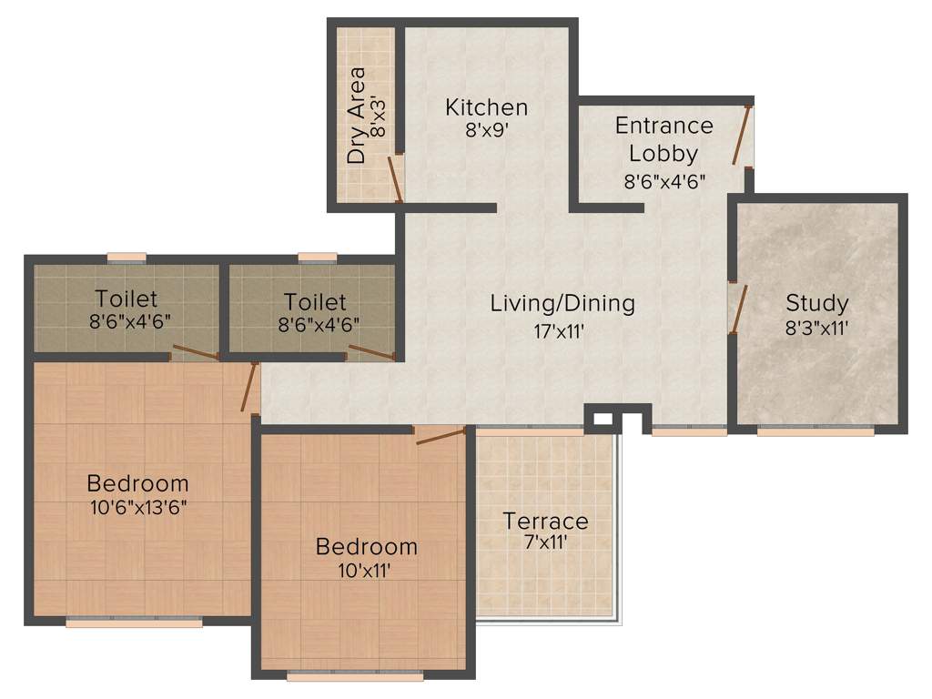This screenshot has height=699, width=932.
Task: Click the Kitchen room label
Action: (486, 107)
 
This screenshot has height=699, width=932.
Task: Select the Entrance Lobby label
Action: (664, 138)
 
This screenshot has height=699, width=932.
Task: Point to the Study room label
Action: (816, 303)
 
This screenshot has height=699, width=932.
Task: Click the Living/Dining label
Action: (562, 303)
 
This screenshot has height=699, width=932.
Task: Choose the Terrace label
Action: (545, 522)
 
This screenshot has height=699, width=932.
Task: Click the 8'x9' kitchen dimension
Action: (486, 130)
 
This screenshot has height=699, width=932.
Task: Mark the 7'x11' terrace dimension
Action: (545, 543)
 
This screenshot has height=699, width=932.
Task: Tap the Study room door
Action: (739, 309)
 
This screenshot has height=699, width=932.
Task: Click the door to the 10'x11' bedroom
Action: (441, 435)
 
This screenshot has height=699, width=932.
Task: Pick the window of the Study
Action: (815, 431)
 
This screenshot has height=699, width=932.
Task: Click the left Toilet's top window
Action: (127, 258)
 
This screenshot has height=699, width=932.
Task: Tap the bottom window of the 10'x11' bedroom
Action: (355, 676)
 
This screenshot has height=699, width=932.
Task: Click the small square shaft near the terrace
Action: (601, 420)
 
